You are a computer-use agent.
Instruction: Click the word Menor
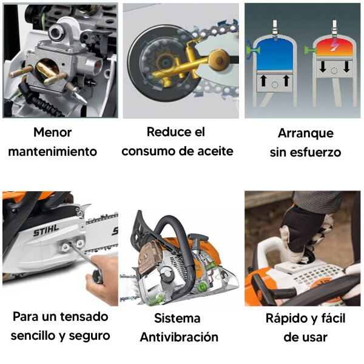[52, 132]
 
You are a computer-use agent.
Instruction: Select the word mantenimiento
[52, 152]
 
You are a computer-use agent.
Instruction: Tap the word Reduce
[168, 132]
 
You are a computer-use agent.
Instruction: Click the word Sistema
[177, 318]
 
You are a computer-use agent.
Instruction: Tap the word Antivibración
[179, 337]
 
